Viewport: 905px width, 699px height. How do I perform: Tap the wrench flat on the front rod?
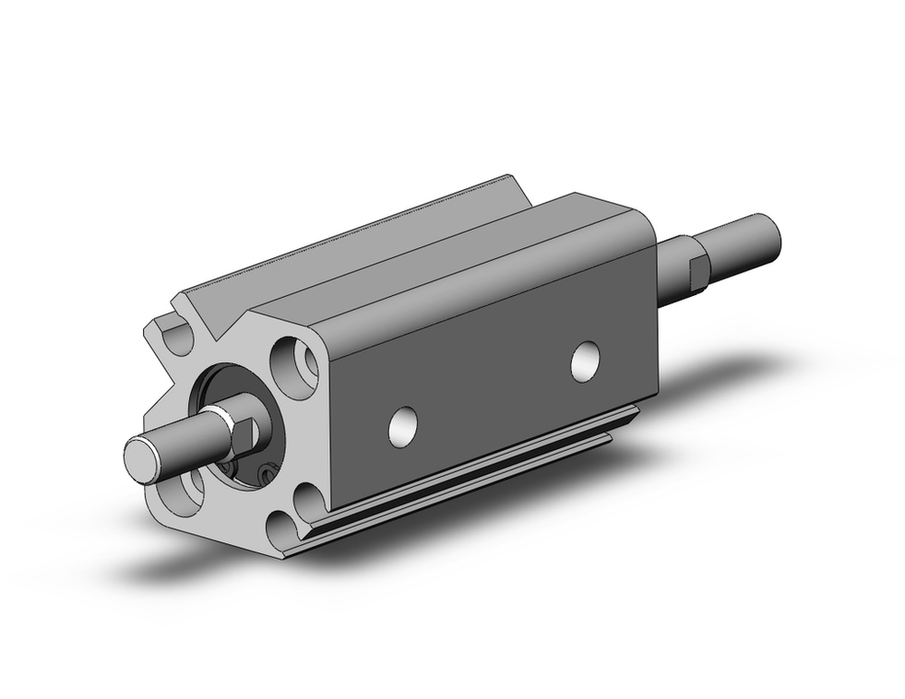coord(245,432)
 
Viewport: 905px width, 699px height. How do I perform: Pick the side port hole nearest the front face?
coord(403,426)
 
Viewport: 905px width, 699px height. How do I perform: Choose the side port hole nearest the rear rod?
coord(586,359)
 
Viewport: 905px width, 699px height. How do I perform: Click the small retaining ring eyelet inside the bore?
coord(265,471)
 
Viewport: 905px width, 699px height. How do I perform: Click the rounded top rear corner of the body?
coord(633,217)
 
